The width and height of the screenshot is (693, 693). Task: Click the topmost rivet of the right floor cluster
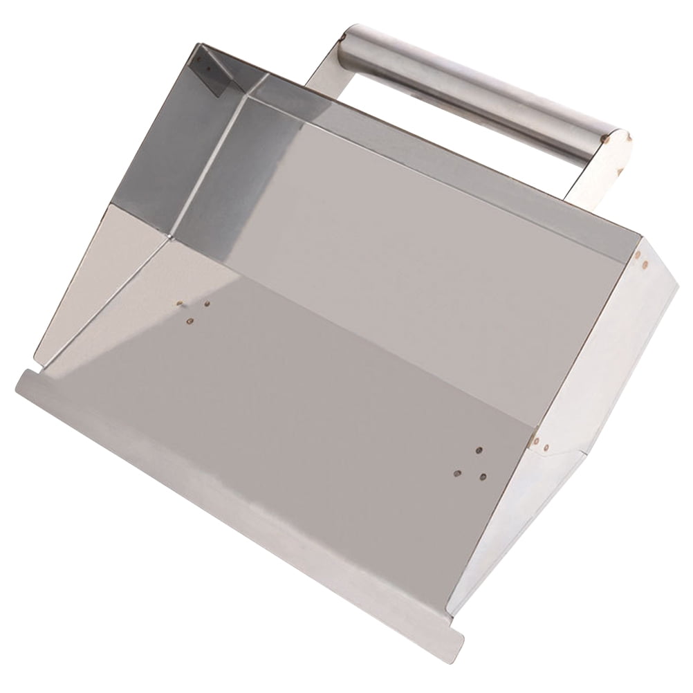(x=479, y=450)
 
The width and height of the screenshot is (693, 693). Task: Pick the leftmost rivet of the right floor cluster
(x=457, y=474)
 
